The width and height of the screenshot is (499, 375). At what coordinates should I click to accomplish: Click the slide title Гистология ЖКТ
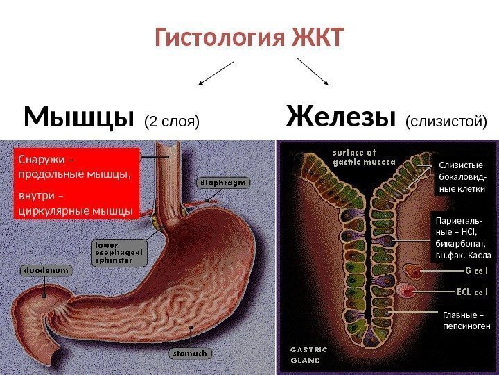249,39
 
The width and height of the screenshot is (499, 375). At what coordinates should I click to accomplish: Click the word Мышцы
78,118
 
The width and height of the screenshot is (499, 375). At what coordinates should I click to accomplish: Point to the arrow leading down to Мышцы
217,73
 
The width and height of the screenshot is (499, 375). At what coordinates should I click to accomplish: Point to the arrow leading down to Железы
313,72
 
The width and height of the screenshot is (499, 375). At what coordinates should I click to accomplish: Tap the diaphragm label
223,183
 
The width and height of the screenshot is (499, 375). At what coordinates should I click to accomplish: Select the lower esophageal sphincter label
120,252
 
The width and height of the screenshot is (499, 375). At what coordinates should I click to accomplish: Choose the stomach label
190,353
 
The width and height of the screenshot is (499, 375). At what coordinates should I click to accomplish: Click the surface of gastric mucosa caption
364,157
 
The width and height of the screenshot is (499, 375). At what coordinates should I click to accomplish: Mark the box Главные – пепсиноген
466,319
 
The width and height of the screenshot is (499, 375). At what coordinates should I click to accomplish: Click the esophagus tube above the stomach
168,177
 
